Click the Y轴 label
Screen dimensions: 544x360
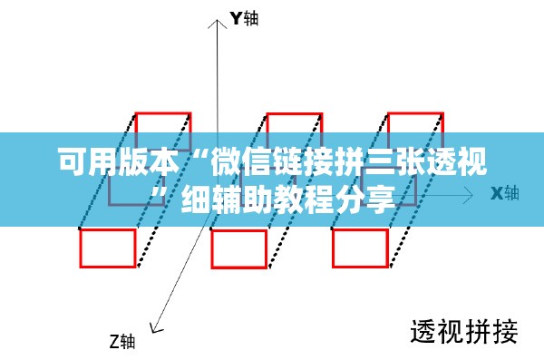(x=244, y=18)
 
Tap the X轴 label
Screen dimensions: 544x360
(x=505, y=193)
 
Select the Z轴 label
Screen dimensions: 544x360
(x=122, y=341)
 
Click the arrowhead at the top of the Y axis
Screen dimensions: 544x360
(x=218, y=23)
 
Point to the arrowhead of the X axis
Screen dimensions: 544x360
(x=469, y=195)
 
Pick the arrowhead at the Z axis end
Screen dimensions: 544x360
(x=156, y=327)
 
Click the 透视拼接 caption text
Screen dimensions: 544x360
(x=464, y=332)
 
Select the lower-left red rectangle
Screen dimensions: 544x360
(x=81, y=248)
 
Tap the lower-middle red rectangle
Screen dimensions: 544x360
(x=212, y=248)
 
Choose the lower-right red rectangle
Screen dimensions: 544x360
(x=333, y=248)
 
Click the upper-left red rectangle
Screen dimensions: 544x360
(x=163, y=113)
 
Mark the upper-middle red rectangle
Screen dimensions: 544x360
(x=294, y=114)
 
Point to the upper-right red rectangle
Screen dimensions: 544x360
(x=415, y=113)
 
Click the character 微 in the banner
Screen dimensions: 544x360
(x=226, y=161)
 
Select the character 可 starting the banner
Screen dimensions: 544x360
(x=73, y=161)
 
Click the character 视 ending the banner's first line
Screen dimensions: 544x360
(x=472, y=161)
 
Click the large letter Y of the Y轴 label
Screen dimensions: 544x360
(x=237, y=18)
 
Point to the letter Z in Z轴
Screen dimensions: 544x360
(x=115, y=341)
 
